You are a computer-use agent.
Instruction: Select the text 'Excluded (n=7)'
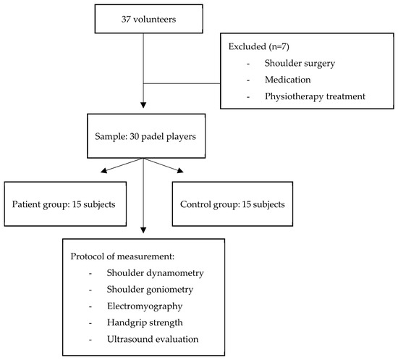(x=258, y=46)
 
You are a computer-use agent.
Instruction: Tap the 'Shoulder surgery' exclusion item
(x=300, y=63)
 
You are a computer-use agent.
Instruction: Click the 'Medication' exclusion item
(x=287, y=80)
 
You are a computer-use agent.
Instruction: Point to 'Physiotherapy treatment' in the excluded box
(x=315, y=96)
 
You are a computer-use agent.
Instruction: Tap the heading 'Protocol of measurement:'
(x=122, y=256)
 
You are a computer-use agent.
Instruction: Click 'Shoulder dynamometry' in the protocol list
(x=155, y=273)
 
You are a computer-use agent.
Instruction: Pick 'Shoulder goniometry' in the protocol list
(x=150, y=289)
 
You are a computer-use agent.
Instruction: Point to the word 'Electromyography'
(x=145, y=306)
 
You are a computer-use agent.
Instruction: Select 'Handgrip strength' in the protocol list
(x=145, y=322)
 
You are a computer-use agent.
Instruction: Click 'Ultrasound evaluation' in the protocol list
(x=153, y=339)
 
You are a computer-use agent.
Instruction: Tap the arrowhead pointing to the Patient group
(x=103, y=170)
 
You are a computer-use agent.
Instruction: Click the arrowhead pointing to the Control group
(x=180, y=170)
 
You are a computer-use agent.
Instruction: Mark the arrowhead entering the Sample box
(x=143, y=105)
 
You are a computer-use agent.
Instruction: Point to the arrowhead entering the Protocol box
(x=143, y=230)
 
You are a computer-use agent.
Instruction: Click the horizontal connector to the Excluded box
(x=182, y=83)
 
